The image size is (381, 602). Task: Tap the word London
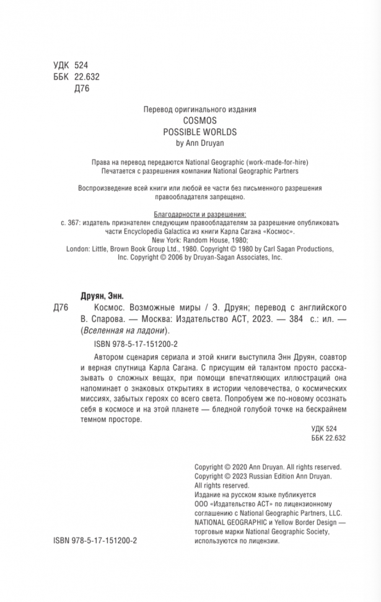77,249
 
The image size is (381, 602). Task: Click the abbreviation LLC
351,513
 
